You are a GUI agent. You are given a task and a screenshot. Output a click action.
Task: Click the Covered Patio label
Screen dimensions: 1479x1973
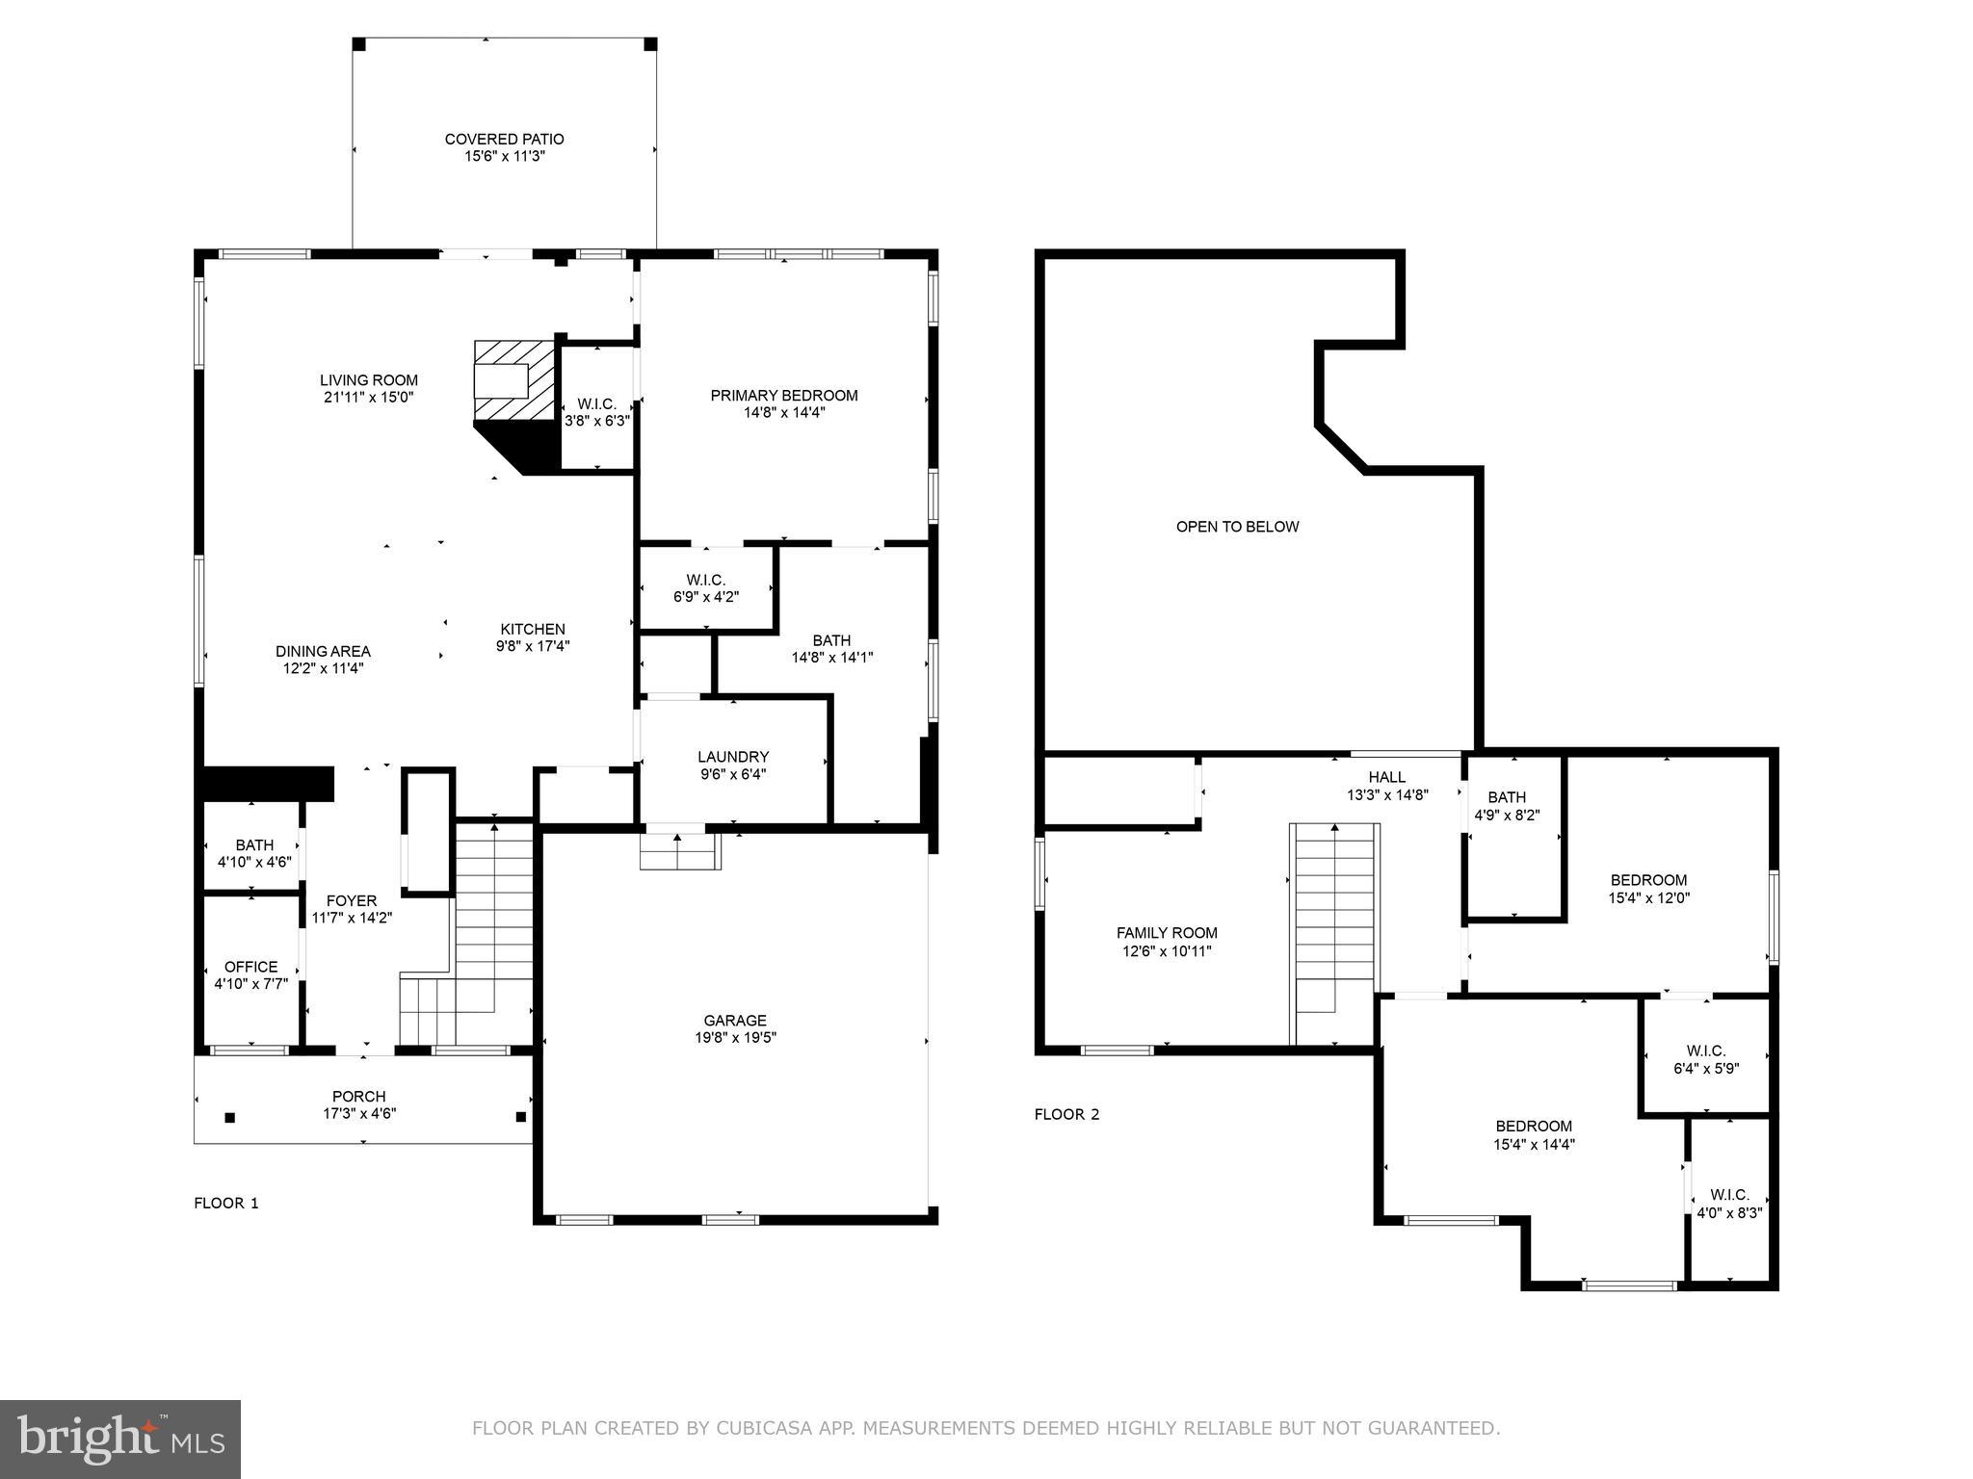[504, 140]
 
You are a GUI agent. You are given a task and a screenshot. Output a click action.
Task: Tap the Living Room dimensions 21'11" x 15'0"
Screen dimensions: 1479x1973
[369, 397]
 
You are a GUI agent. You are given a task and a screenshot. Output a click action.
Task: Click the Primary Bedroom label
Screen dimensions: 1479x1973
[783, 396]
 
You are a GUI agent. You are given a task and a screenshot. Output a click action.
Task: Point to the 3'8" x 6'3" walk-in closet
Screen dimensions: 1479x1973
[596, 412]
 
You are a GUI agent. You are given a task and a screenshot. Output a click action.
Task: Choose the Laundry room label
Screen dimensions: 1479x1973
[733, 757]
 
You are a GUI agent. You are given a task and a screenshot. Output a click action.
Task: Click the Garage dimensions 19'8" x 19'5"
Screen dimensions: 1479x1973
[735, 1038]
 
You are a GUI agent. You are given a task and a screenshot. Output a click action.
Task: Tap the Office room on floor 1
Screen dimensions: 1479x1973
[250, 974]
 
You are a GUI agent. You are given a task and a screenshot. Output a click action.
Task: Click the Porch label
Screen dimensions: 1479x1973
[358, 1097]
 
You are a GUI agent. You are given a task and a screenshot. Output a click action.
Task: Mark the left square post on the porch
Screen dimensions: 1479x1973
[230, 1118]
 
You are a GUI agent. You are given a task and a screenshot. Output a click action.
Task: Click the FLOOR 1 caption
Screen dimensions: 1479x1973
[226, 1203]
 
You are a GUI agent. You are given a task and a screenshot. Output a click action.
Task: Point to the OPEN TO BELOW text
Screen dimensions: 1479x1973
[1237, 527]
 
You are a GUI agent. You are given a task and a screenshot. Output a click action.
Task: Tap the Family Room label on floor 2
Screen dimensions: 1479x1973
[1167, 933]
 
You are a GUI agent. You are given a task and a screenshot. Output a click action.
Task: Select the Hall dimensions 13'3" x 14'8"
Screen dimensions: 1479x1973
[1386, 795]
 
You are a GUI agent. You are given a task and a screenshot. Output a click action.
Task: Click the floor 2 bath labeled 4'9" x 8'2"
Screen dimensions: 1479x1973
[1507, 806]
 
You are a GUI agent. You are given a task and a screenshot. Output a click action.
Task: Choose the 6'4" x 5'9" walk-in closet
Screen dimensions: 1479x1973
[1706, 1059]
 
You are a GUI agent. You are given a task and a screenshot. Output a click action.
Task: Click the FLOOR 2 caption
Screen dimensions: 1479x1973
[1066, 1114]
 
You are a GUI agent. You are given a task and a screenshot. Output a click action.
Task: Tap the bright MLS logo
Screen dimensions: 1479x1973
[120, 1439]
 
